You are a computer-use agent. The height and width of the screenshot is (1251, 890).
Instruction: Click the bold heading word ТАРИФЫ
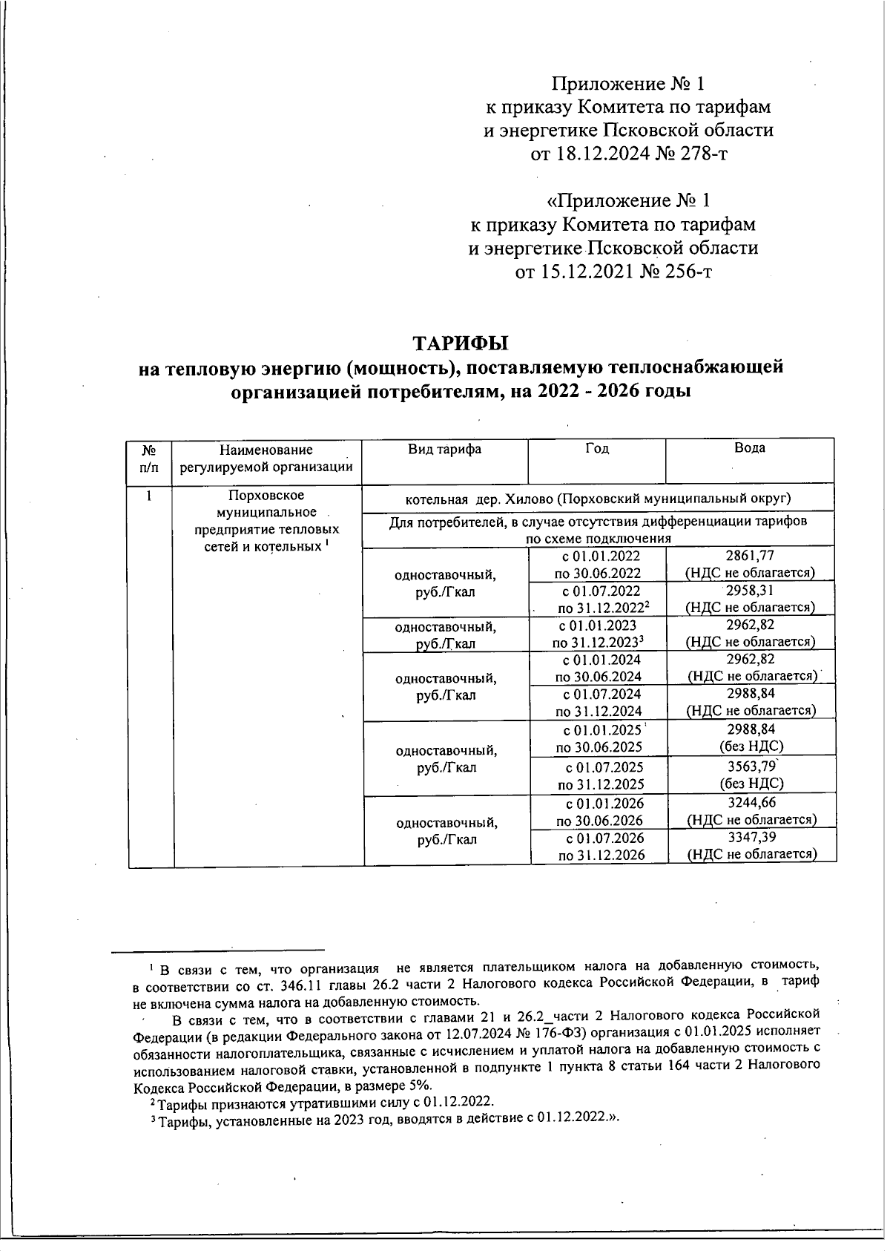[x=461, y=344]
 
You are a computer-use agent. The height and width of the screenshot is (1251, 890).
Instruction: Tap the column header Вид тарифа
[x=444, y=450]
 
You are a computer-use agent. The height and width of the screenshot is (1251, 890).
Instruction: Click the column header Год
[x=597, y=449]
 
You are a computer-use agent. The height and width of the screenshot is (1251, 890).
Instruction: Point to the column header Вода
[x=749, y=448]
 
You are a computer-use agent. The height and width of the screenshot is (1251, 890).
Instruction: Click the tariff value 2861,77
[x=749, y=556]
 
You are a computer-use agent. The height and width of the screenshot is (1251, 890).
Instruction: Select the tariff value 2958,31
[x=749, y=591]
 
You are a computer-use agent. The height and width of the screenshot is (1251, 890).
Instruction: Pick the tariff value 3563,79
[x=751, y=766]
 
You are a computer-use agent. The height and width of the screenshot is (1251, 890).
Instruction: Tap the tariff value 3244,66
[x=751, y=803]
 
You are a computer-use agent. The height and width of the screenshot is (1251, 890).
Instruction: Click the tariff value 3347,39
[x=751, y=838]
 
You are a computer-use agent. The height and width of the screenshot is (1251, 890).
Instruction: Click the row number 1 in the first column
[x=149, y=496]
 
